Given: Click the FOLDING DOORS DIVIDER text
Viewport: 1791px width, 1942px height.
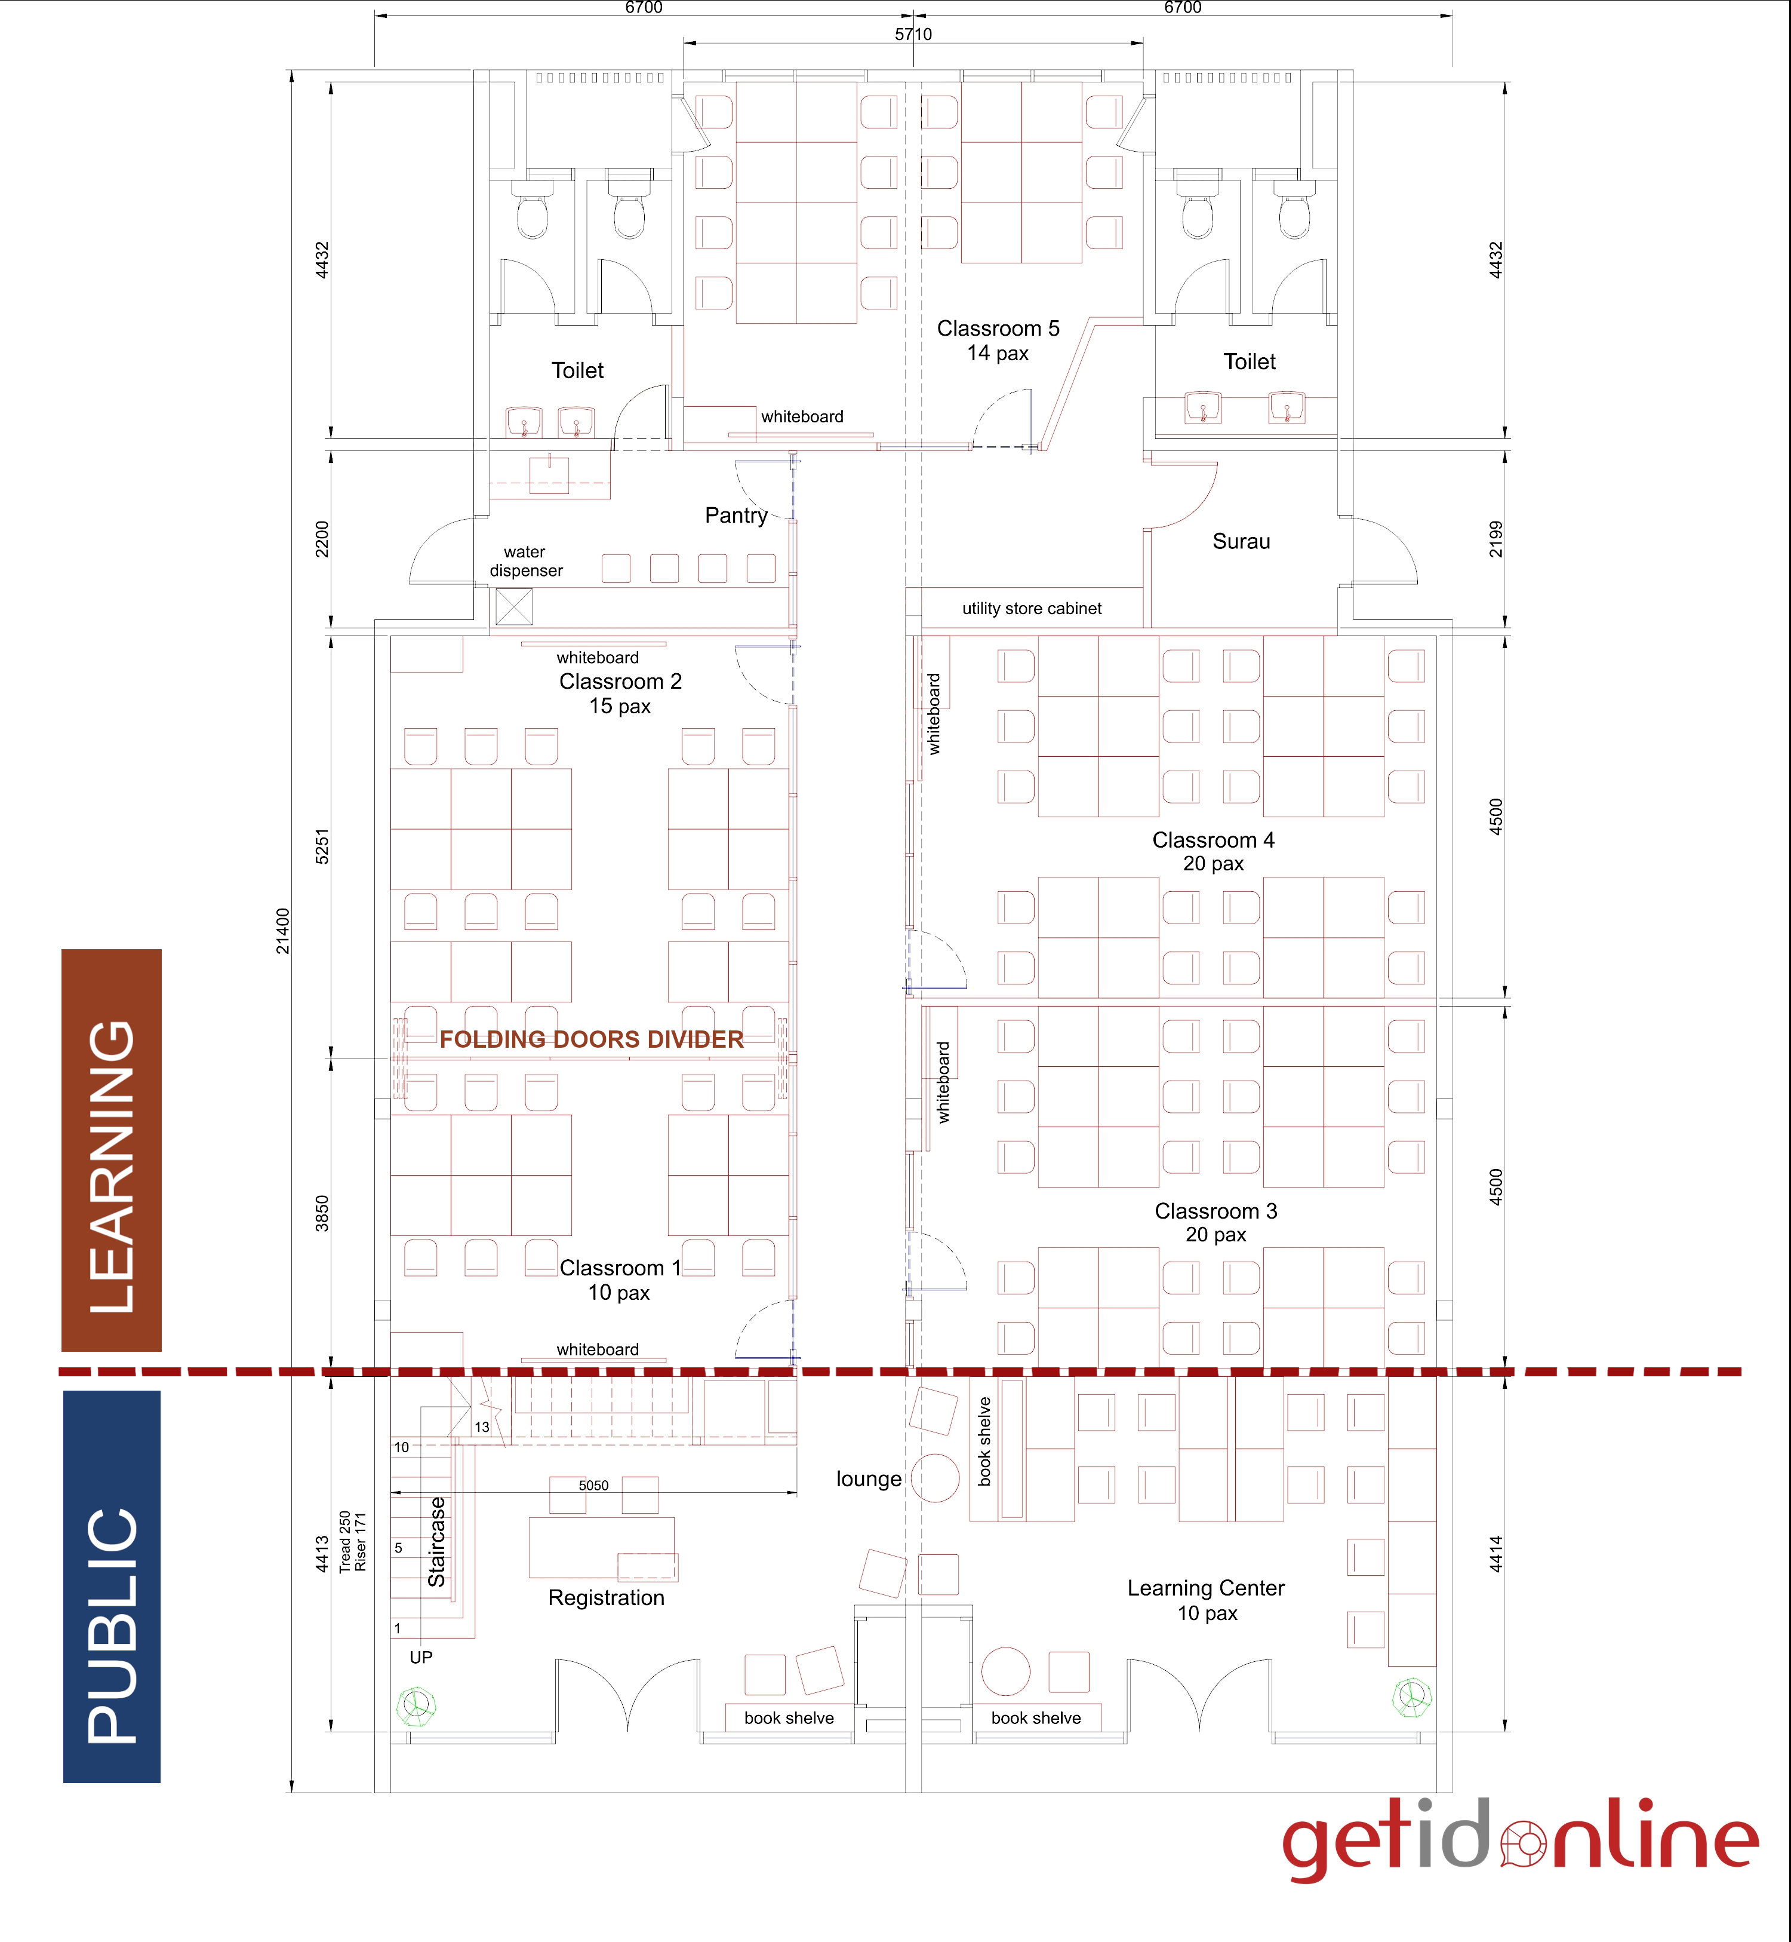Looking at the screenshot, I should click(x=591, y=1039).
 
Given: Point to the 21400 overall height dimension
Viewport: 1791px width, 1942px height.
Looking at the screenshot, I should click(x=282, y=931).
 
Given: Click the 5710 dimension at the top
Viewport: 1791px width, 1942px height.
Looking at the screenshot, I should click(x=913, y=35).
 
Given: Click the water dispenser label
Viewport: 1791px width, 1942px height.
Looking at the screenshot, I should click(x=525, y=562).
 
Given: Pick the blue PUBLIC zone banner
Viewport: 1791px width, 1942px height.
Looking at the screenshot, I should click(x=112, y=1586).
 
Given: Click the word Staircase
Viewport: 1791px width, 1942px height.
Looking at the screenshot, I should click(x=437, y=1542).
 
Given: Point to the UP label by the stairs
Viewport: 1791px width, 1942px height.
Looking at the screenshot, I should click(x=421, y=1657).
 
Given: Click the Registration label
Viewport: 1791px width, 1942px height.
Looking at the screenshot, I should click(x=606, y=1598).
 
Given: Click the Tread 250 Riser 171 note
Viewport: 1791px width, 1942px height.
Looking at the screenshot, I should click(x=353, y=1542).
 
